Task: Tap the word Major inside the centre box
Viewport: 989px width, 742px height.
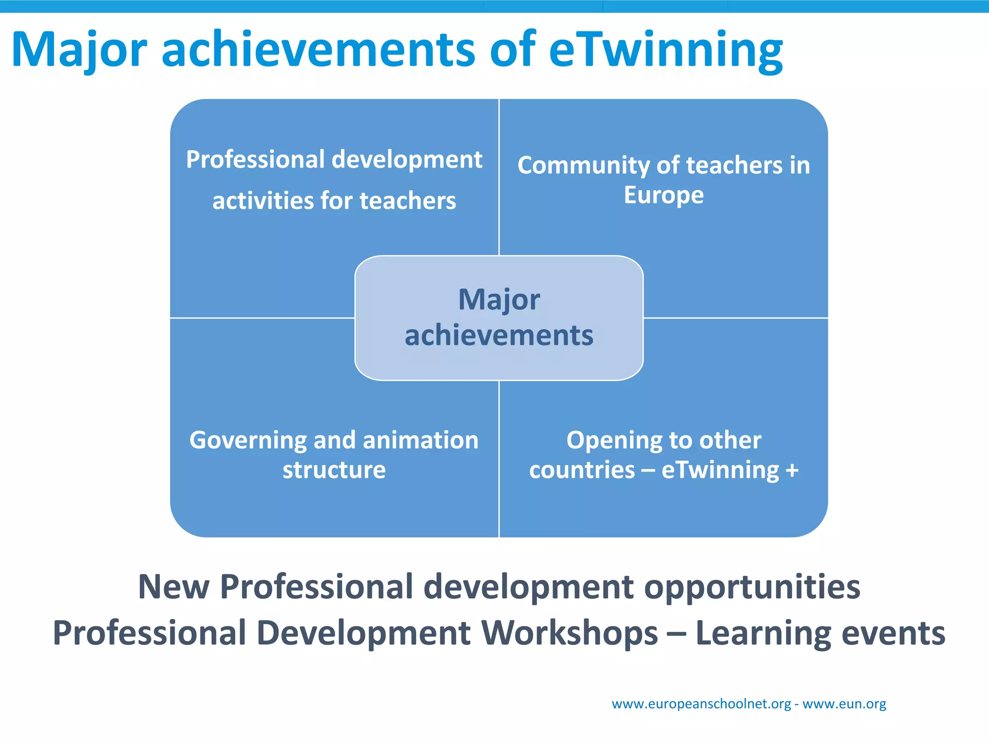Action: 499,300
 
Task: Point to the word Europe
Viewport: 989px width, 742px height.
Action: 664,195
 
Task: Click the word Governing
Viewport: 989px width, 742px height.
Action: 248,441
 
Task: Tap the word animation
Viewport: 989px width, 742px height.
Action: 420,440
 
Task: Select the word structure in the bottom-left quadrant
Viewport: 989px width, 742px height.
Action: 334,470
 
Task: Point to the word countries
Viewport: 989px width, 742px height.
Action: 582,470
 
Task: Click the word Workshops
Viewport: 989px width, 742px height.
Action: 569,633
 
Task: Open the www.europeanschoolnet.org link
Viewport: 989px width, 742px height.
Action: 701,704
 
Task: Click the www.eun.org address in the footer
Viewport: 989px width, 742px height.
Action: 844,704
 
